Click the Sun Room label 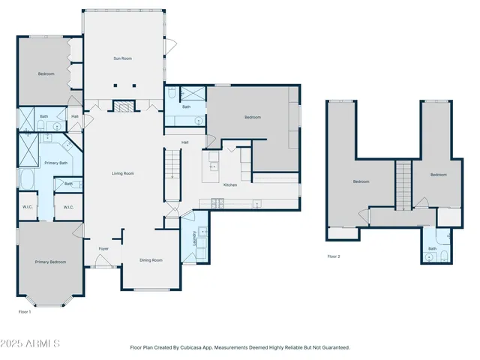122,58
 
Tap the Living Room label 123,173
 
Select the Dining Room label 151,260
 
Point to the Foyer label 103,248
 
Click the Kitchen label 230,184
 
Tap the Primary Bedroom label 50,262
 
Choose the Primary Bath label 55,163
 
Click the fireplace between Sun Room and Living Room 122,106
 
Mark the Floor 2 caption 334,256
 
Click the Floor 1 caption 25,311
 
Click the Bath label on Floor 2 432,248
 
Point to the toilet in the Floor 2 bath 444,256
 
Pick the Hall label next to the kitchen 184,142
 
